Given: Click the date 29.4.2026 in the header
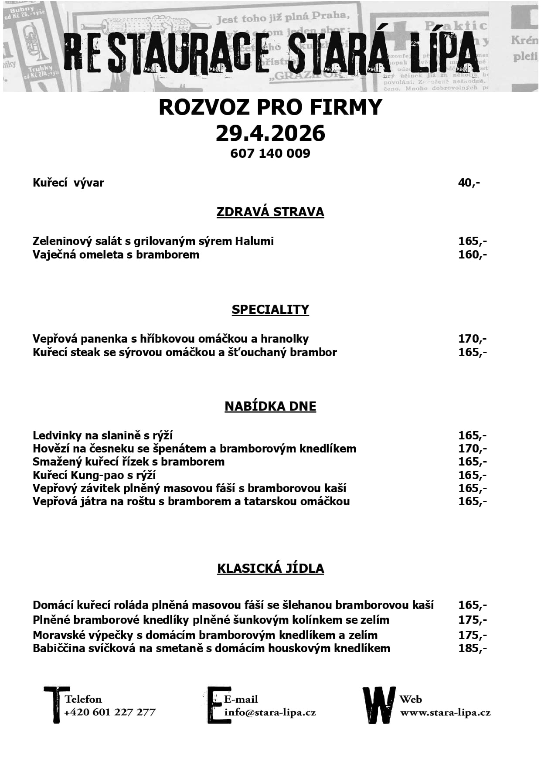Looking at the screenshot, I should pyautogui.click(x=270, y=133).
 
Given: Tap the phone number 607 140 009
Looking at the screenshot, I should pyautogui.click(x=270, y=153).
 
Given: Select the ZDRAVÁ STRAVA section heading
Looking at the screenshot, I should pyautogui.click(x=270, y=212).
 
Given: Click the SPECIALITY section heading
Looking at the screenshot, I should pyautogui.click(x=270, y=309).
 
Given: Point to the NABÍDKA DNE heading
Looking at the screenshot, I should pyautogui.click(x=270, y=406).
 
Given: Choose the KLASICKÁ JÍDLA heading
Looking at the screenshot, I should pyautogui.click(x=270, y=568).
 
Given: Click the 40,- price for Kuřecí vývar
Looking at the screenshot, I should pyautogui.click(x=469, y=183).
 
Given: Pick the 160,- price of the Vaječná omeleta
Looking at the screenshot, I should pyautogui.click(x=472, y=255).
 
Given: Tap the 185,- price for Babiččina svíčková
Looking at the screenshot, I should pyautogui.click(x=472, y=648).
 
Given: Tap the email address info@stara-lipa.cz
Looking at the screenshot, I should pyautogui.click(x=270, y=713).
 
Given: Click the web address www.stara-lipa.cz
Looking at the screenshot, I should pyautogui.click(x=445, y=713).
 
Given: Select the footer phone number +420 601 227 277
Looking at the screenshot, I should pyautogui.click(x=109, y=712).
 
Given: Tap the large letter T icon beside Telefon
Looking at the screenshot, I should pyautogui.click(x=55, y=704).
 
